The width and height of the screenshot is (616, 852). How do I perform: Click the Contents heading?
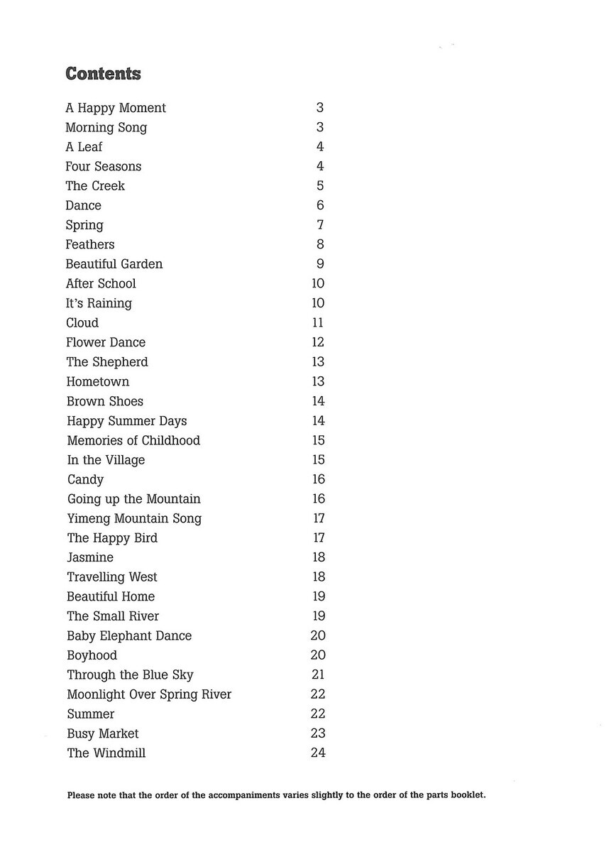[103, 74]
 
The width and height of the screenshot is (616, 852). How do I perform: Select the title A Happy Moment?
[116, 108]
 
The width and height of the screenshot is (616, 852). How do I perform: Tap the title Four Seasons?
[104, 166]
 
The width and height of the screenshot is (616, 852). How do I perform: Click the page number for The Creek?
[320, 186]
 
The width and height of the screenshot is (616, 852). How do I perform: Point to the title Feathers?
[90, 244]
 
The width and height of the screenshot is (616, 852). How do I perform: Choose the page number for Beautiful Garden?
[320, 264]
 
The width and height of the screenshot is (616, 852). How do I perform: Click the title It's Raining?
[99, 303]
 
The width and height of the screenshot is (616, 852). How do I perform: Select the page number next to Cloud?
[318, 322]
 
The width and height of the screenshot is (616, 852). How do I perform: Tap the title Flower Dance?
[106, 342]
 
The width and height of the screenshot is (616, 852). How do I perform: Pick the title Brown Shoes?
[105, 401]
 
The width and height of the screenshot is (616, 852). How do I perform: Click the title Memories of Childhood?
[133, 440]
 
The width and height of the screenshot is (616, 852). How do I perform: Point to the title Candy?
[85, 479]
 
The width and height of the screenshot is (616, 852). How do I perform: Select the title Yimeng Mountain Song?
[134, 518]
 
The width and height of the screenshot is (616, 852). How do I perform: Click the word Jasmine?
[90, 557]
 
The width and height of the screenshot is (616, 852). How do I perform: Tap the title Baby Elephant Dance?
[129, 635]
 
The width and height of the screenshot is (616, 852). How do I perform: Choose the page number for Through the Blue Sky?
[318, 674]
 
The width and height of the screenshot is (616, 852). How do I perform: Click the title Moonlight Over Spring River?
[149, 694]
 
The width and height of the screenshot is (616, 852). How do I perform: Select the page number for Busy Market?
[318, 733]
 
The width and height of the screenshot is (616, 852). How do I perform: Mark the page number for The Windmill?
[318, 753]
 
